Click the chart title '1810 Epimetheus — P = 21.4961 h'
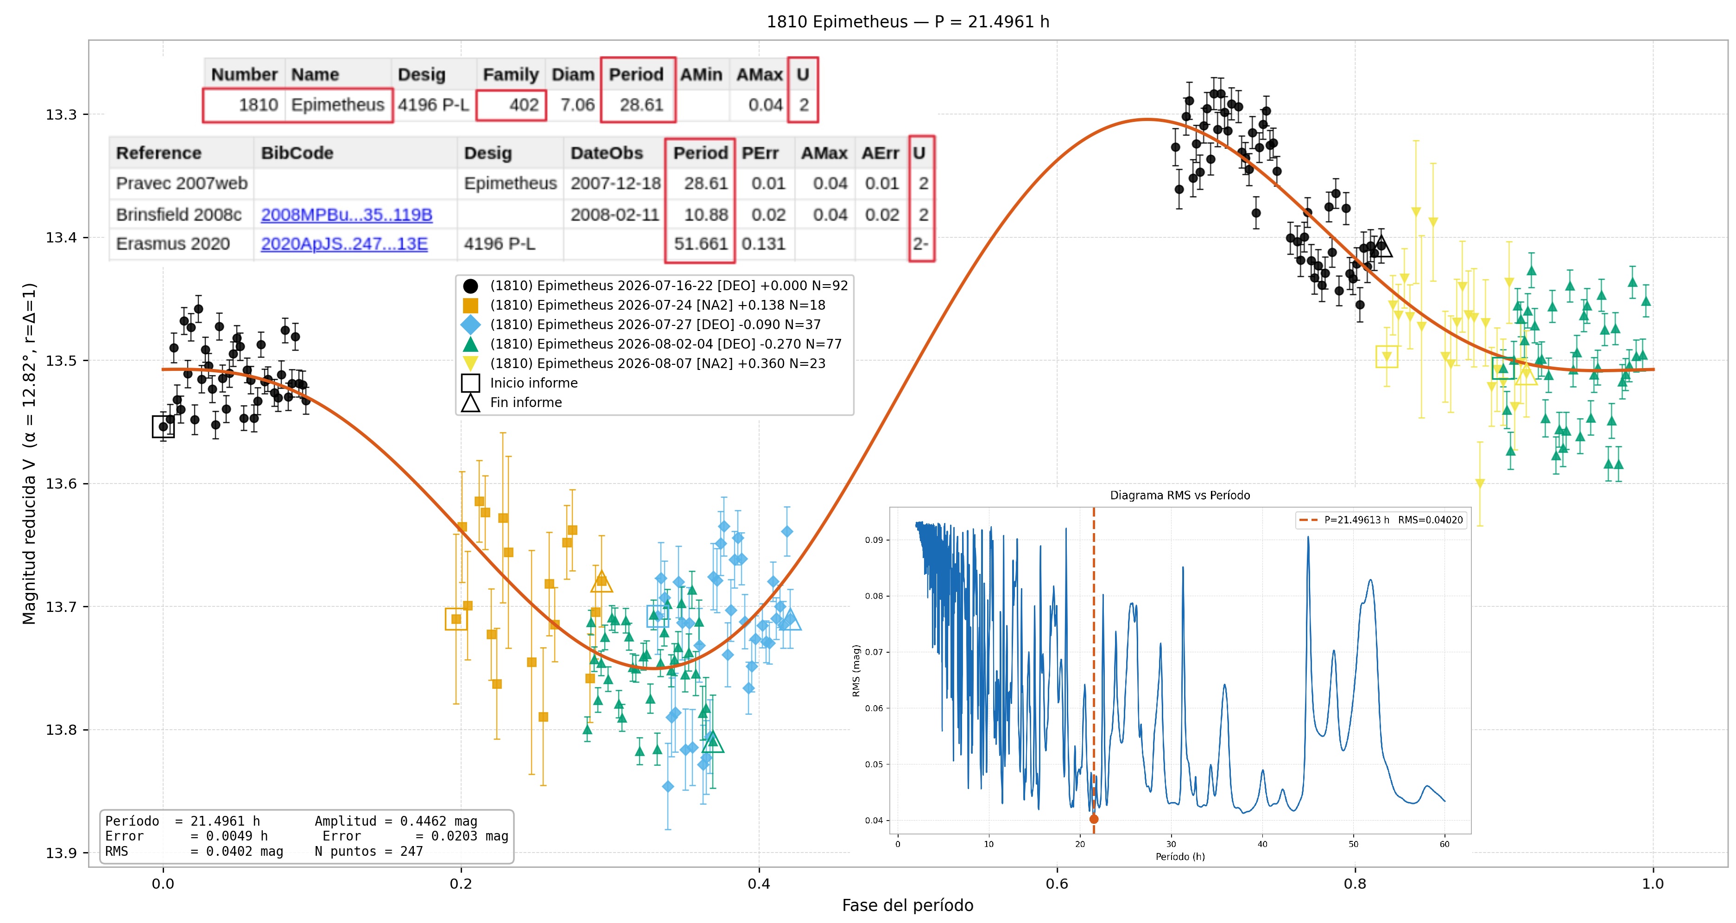coord(908,22)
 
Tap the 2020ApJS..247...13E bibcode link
coord(344,243)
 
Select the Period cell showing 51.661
coord(701,243)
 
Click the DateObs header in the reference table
coord(607,153)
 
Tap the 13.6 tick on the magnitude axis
coord(61,484)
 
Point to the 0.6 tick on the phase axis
coord(1057,883)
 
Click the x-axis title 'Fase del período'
coord(908,905)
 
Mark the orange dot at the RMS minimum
coord(1094,819)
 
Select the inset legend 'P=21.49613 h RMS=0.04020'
coord(1381,520)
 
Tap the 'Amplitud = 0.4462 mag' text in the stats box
coord(396,821)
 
